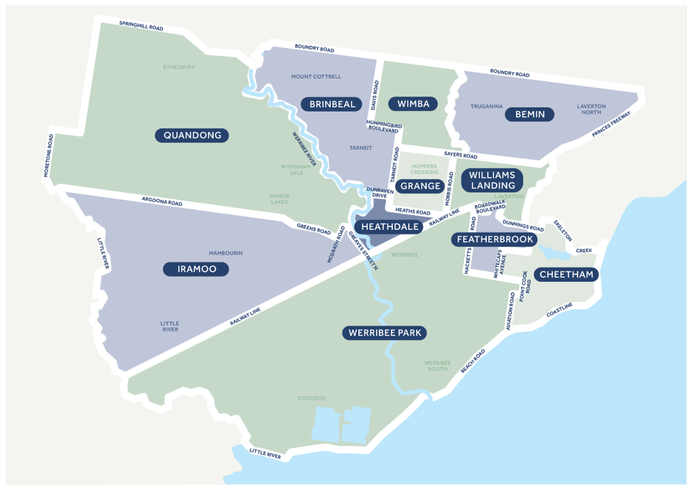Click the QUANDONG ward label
192,135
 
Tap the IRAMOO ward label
196,269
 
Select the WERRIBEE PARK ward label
384,333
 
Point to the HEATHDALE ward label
390,227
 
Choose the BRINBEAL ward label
332,104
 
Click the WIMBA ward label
413,104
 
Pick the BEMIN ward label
530,114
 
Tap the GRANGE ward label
421,186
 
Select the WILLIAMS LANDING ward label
492,180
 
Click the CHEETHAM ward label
567,274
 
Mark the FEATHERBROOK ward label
495,239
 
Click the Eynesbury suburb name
179,67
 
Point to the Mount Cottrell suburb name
316,76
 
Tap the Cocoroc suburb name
312,398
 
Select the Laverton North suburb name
591,109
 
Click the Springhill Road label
140,25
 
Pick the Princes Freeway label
611,125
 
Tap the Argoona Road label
162,202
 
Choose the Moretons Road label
49,156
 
